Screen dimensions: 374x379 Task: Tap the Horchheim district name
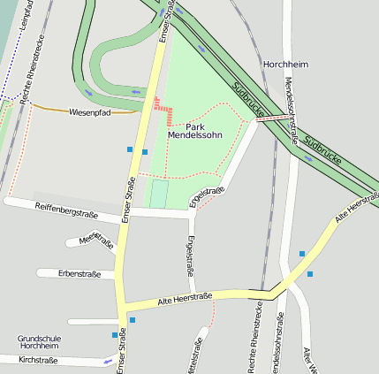(x=285, y=65)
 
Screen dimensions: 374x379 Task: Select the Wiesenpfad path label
(x=90, y=112)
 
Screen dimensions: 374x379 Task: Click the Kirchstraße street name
(x=38, y=361)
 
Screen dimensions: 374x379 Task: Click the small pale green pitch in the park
(x=158, y=194)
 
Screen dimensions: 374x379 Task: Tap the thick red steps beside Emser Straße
(x=162, y=108)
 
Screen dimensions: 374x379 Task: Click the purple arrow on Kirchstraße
(x=108, y=361)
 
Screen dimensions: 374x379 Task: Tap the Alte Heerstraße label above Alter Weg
(x=357, y=210)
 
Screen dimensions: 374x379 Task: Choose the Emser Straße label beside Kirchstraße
(x=121, y=352)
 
